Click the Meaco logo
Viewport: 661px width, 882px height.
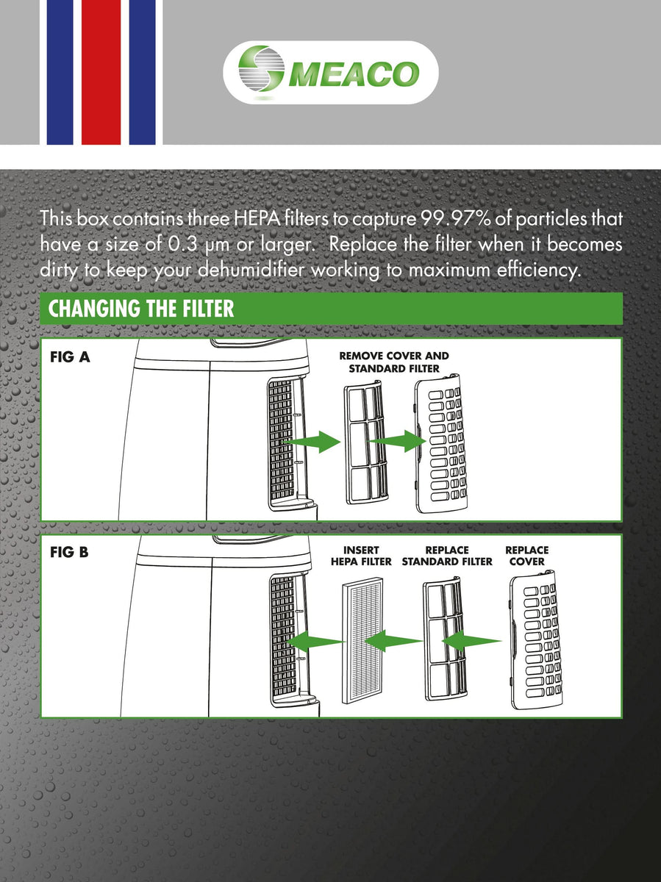click(x=330, y=73)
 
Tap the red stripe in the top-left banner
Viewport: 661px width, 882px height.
click(x=101, y=72)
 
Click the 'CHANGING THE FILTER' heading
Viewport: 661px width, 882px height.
click(x=141, y=309)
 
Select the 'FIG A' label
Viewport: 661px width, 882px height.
click(x=71, y=358)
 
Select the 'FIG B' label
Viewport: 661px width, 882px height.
click(x=69, y=551)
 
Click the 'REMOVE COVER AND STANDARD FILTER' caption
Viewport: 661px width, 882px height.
click(x=393, y=362)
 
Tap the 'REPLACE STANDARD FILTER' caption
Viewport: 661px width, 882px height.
click(x=446, y=556)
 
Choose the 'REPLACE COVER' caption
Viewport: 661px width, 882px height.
click(x=526, y=556)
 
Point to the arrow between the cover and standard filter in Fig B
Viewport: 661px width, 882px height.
click(x=474, y=642)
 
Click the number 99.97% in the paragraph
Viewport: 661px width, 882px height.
click(x=454, y=219)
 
